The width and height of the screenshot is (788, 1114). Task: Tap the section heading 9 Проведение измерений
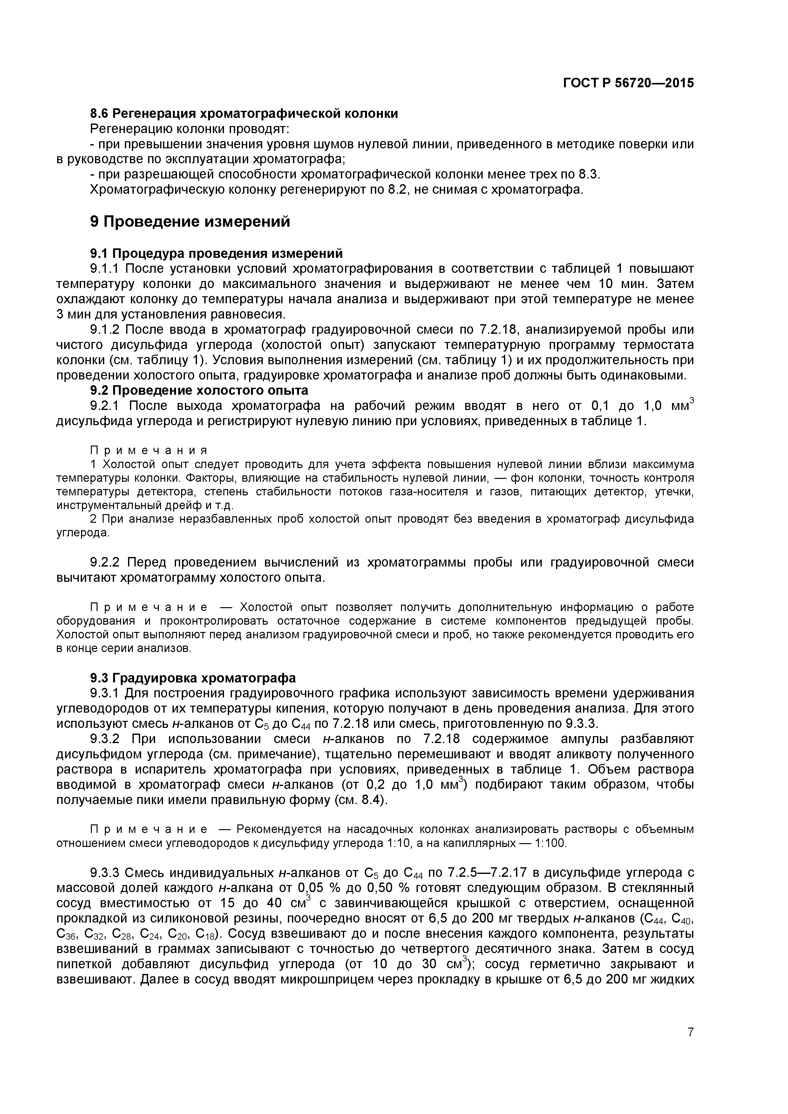click(x=190, y=222)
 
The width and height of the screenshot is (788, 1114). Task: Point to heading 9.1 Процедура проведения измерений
click(x=216, y=253)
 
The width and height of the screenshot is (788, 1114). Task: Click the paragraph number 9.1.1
click(x=105, y=269)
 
